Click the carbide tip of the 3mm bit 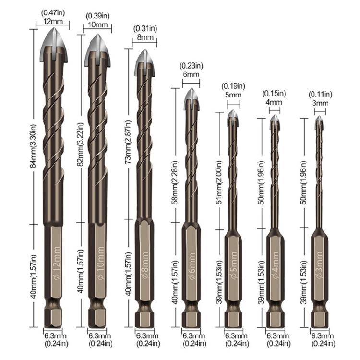[x=318, y=123]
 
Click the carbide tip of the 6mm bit [x=191, y=97]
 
